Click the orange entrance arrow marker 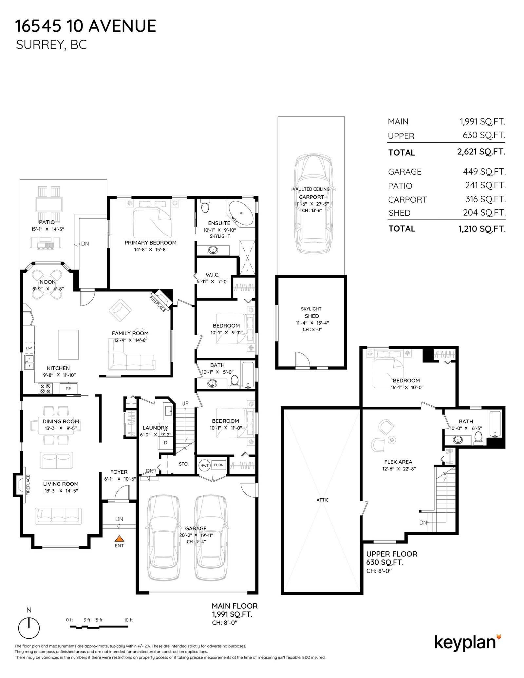point(120,539)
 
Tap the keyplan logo point(468,643)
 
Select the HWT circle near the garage point(204,466)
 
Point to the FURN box point(219,465)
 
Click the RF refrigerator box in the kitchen point(68,389)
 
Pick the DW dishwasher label point(29,348)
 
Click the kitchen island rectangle point(68,344)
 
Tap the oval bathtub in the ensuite point(241,213)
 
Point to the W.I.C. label point(213,275)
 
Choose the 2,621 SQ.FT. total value point(481,152)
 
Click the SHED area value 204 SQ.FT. point(484,213)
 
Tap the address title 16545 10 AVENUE point(86,26)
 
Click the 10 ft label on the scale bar point(128,620)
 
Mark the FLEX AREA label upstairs point(398,462)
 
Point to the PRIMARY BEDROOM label point(150,243)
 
